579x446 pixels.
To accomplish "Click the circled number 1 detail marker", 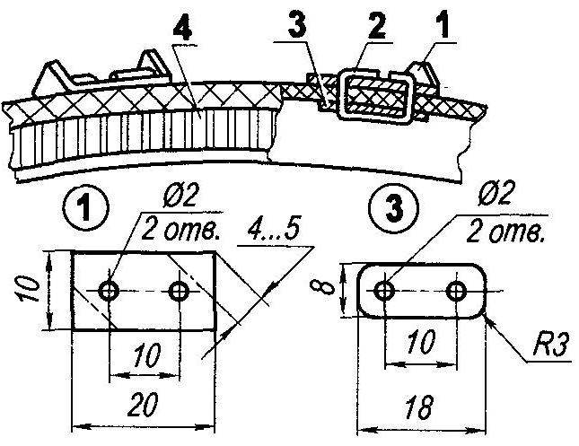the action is pos(86,207).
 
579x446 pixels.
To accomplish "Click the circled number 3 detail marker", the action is pos(395,207).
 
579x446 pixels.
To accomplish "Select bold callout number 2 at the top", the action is pos(374,26).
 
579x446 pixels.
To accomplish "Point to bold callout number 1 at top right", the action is pos(443,25).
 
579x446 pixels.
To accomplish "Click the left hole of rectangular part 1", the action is pos(109,292).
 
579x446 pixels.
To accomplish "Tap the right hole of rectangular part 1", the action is pos(180,292).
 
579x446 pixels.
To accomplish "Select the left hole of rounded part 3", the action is pos(384,291).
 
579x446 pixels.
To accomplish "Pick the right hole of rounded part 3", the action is pos(456,291).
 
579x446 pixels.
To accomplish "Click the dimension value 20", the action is pos(144,404).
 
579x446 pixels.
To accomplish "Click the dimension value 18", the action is pos(418,407).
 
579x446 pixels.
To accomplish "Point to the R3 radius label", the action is pos(550,345).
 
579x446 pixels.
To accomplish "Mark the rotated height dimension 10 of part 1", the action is pos(29,290).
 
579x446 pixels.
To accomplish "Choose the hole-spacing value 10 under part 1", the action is pos(147,355).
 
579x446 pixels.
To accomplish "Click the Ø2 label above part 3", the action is pos(496,196).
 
